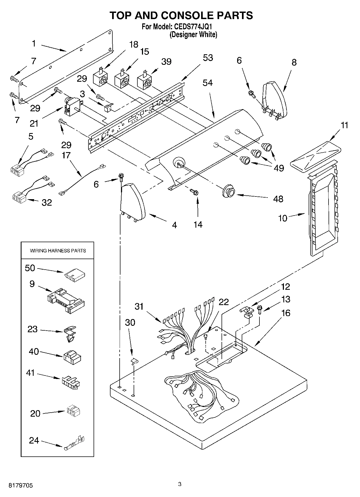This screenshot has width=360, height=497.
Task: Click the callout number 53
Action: [208, 58]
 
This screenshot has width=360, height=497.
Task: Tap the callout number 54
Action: [208, 83]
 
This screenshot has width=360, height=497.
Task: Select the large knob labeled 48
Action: [229, 191]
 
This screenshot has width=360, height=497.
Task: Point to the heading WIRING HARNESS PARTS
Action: [58, 251]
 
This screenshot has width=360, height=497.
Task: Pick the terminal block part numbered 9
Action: [66, 301]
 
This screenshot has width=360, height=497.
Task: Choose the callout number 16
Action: [286, 313]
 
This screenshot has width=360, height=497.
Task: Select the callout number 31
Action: [139, 306]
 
